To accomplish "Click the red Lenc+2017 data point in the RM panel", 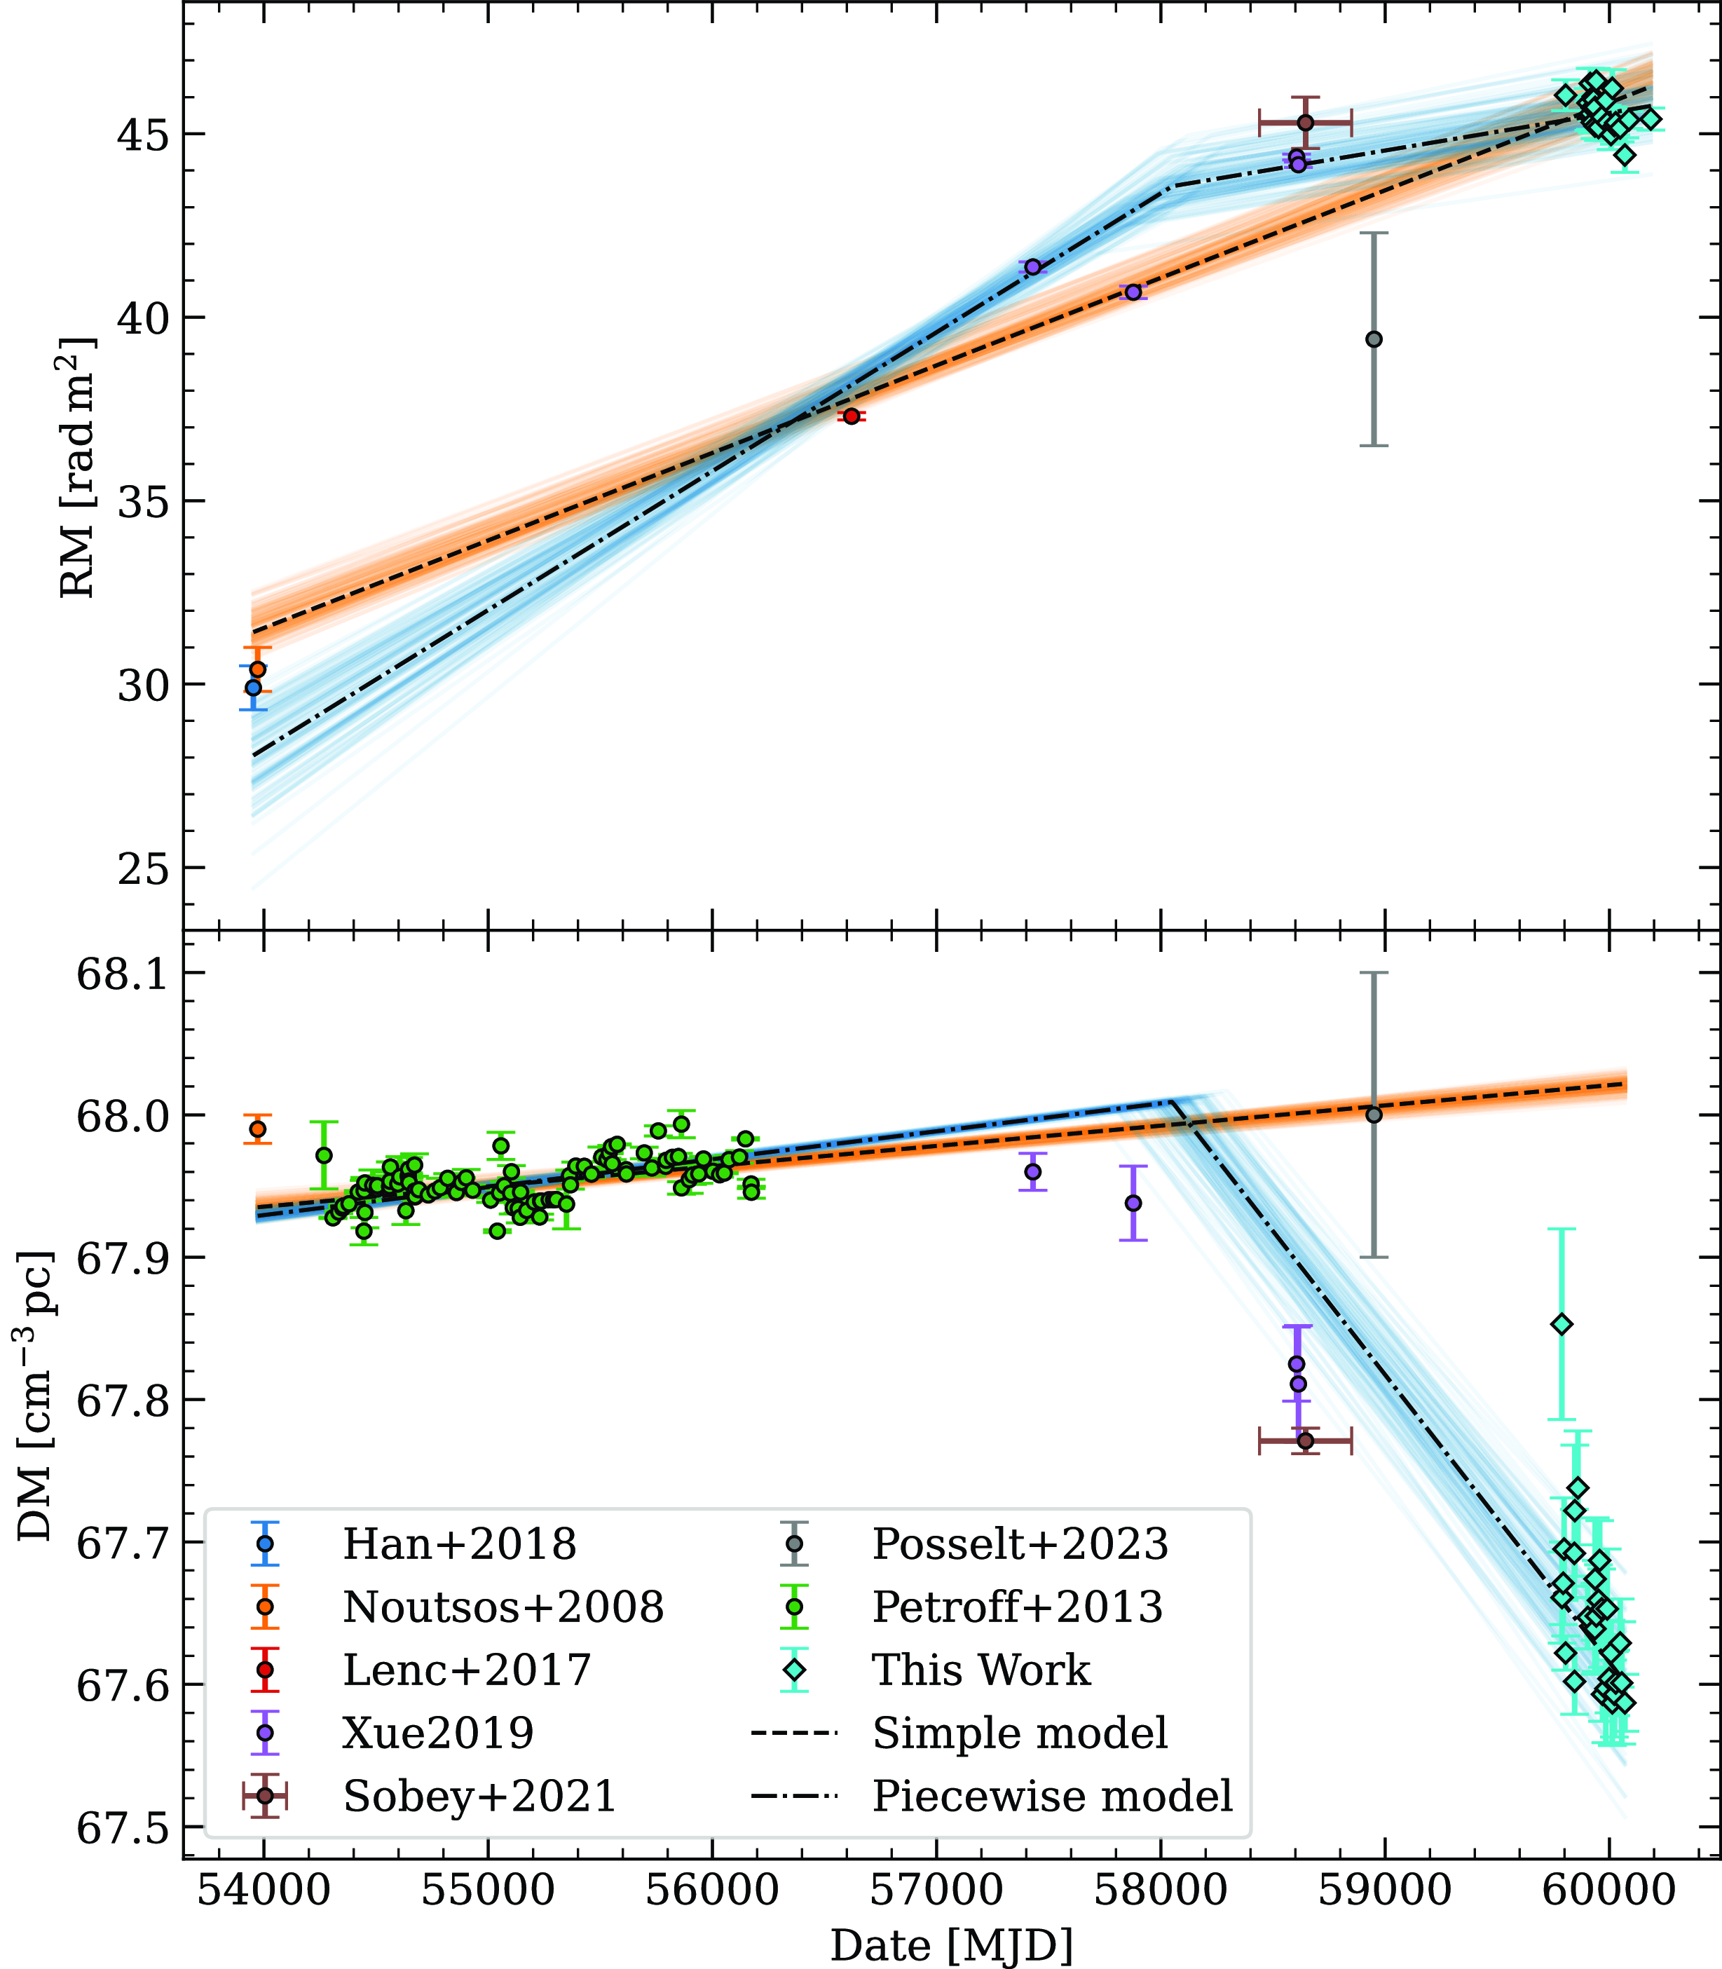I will tap(850, 416).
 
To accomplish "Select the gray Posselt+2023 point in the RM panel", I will tap(1374, 339).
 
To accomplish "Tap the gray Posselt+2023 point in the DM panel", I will tap(1374, 1115).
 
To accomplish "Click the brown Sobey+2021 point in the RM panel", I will tap(1305, 122).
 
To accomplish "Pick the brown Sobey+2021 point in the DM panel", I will tap(1305, 1440).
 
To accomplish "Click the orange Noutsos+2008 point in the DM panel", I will tap(257, 1129).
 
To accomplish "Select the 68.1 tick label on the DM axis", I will tap(121, 974).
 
